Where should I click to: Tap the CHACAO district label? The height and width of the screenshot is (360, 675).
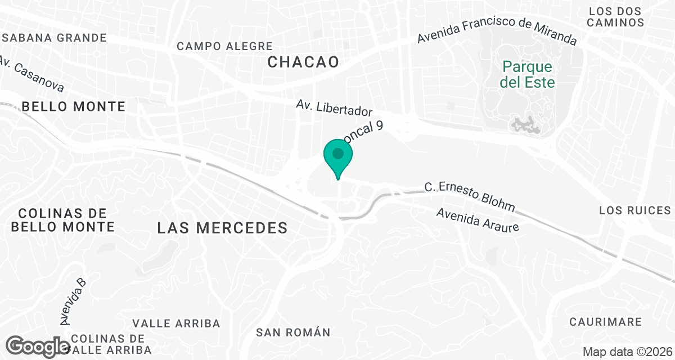(x=303, y=62)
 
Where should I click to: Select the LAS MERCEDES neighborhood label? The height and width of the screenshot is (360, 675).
(x=222, y=228)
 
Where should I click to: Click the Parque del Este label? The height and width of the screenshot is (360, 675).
(x=528, y=75)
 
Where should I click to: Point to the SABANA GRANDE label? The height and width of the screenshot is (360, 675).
(x=54, y=38)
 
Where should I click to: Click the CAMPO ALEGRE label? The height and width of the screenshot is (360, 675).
(x=224, y=46)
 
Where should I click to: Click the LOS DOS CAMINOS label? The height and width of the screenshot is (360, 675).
(x=615, y=17)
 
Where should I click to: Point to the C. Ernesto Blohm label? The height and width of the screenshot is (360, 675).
(x=469, y=197)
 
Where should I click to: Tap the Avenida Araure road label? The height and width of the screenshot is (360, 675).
(x=476, y=220)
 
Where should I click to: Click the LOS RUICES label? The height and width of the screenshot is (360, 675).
(x=635, y=210)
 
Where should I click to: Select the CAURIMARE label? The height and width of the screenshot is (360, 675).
(x=605, y=322)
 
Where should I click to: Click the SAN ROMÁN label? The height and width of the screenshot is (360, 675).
(x=293, y=332)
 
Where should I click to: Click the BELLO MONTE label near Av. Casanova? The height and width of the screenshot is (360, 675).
(x=73, y=106)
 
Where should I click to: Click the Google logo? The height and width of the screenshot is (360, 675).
(x=38, y=346)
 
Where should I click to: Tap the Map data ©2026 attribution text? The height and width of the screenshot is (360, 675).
(x=626, y=352)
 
